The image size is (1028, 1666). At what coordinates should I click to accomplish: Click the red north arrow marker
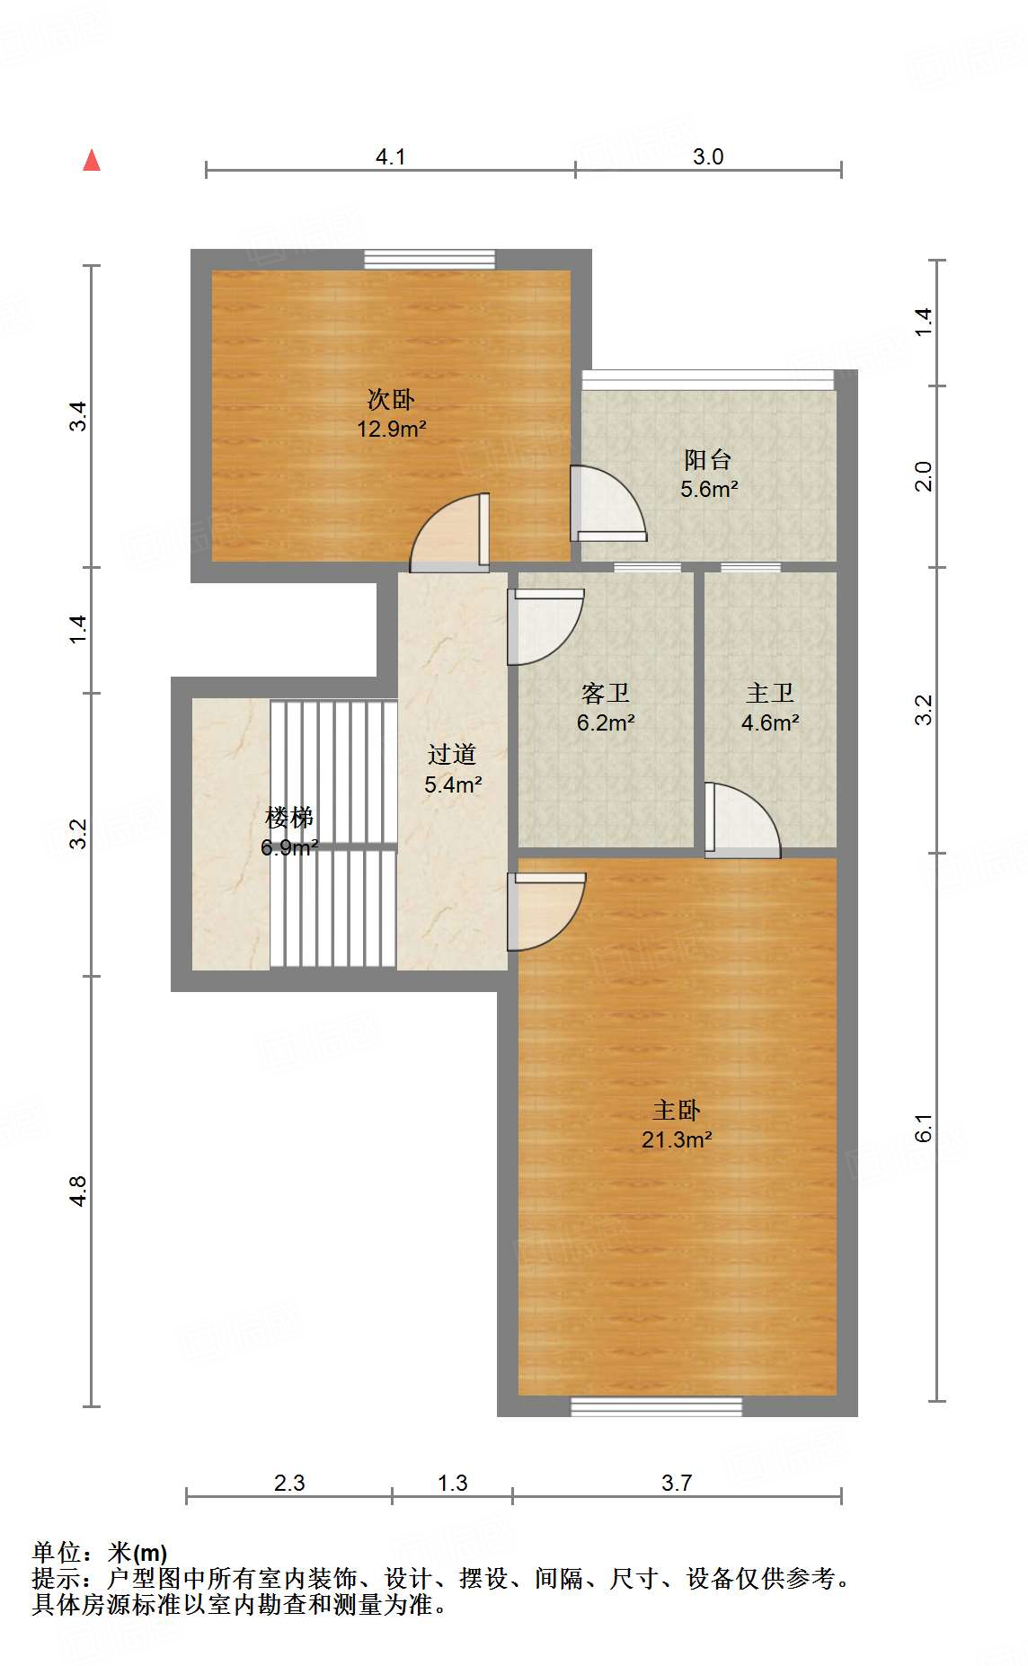coord(92,160)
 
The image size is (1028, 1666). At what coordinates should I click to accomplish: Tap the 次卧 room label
coord(391,399)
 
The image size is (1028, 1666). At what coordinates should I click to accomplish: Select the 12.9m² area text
coord(391,429)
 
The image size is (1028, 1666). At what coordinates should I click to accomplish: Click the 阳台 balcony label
coord(708,459)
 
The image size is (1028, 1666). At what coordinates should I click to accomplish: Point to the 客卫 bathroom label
coord(605,693)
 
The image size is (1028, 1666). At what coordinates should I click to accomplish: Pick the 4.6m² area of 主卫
coord(770,722)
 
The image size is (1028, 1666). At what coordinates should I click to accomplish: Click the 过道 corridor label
coord(452,754)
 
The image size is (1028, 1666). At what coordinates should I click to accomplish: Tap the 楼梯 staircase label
coord(288,818)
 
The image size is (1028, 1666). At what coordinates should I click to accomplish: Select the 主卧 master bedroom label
coord(677,1110)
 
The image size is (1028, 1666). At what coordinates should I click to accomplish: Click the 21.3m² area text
coord(677,1139)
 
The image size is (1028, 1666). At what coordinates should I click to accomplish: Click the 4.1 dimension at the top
coord(390,156)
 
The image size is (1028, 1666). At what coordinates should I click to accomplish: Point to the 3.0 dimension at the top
coord(708,156)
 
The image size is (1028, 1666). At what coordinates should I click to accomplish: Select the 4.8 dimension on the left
coord(78,1191)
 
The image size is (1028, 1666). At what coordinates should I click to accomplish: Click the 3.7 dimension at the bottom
coord(677,1483)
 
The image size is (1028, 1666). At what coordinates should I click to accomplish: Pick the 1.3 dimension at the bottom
coord(452,1483)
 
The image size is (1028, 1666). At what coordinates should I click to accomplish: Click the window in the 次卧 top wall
coord(430,260)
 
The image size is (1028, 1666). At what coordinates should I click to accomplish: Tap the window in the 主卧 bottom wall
coord(656,1406)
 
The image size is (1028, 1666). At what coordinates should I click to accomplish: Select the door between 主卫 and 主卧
coord(742,820)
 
